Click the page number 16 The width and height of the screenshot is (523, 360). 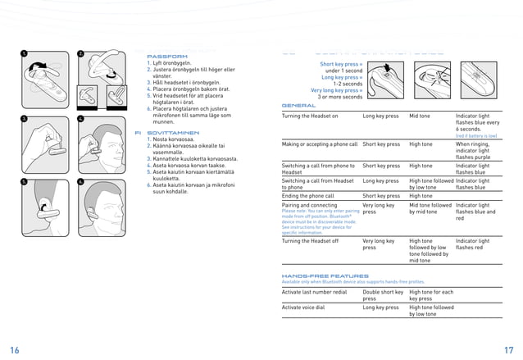(16, 349)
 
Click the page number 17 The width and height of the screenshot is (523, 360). (507, 349)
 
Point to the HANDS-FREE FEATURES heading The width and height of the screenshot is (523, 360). (325, 276)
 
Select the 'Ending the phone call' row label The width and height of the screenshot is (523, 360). (308, 196)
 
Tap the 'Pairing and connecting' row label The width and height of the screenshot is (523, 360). (309, 205)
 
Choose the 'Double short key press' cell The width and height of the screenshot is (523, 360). (383, 295)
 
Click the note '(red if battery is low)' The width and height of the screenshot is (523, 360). (476, 136)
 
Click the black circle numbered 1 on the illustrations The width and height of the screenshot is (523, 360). (24, 54)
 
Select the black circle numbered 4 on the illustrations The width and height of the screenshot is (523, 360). (80, 117)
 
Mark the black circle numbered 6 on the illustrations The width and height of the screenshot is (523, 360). (80, 180)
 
